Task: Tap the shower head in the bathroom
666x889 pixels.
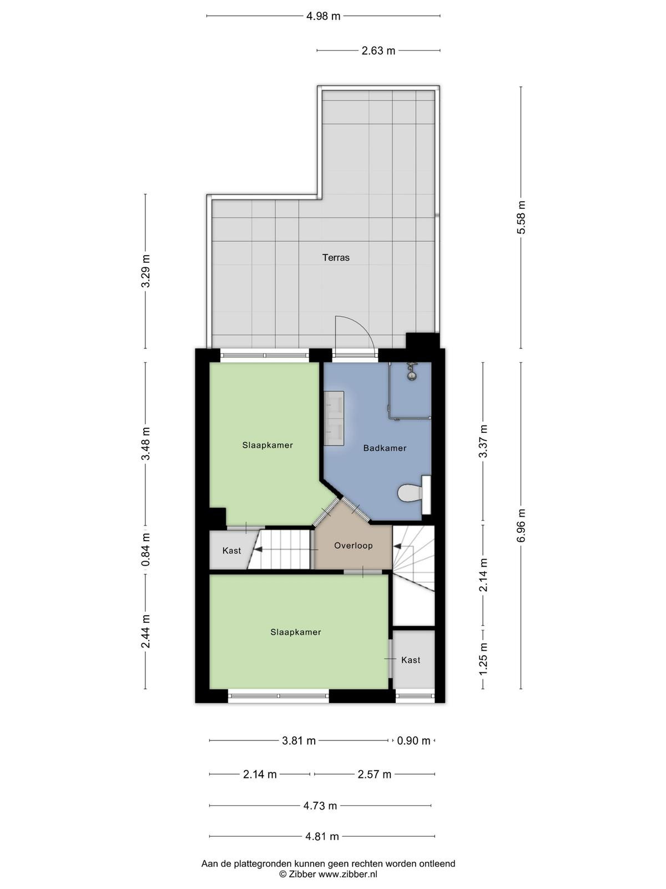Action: pyautogui.click(x=412, y=371)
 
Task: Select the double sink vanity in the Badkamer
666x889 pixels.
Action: pyautogui.click(x=334, y=418)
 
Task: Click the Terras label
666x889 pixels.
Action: pyautogui.click(x=336, y=258)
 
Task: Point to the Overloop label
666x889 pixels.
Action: pyautogui.click(x=353, y=546)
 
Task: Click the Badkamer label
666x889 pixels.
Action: pyautogui.click(x=385, y=448)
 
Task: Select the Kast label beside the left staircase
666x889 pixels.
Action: pyautogui.click(x=231, y=551)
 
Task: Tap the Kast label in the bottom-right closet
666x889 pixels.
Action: pyautogui.click(x=411, y=660)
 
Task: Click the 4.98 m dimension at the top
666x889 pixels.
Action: pyautogui.click(x=323, y=16)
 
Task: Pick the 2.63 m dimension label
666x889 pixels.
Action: pyautogui.click(x=378, y=51)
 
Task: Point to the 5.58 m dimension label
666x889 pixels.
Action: pyautogui.click(x=521, y=217)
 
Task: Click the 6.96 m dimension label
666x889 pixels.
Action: pyautogui.click(x=521, y=525)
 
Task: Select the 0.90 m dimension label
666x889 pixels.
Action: pyautogui.click(x=413, y=741)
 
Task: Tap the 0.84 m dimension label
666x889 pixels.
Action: pyautogui.click(x=146, y=550)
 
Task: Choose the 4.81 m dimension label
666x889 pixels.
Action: pyautogui.click(x=322, y=836)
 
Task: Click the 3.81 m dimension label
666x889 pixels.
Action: pyautogui.click(x=299, y=741)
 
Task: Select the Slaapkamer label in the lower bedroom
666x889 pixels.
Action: pyautogui.click(x=296, y=632)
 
